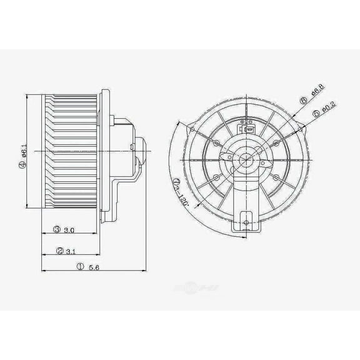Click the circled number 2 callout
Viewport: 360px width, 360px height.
pyautogui.click(x=59, y=251)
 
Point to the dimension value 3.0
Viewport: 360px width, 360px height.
pyautogui.click(x=69, y=231)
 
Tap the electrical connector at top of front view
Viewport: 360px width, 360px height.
pyautogui.click(x=247, y=130)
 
